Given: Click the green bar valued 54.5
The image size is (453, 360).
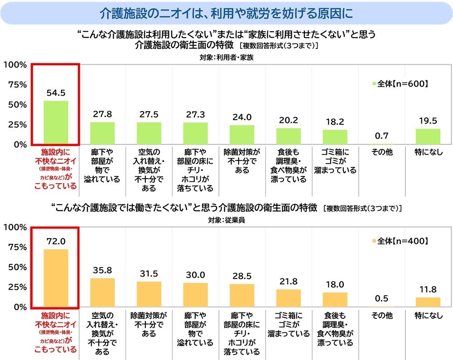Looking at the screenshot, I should pos(56,122).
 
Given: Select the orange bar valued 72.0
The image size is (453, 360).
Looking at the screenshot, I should pos(56,278).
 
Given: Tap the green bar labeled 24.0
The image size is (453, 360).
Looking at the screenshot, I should pos(242,135).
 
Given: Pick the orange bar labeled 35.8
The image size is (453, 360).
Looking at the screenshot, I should pos(102,292).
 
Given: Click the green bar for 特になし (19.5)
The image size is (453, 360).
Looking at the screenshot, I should pos(428,136).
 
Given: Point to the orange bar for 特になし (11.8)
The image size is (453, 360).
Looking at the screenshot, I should pos(428,302).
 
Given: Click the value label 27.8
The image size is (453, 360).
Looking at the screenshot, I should pos(102,114).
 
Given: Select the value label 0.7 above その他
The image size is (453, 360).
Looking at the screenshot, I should pos(381,136).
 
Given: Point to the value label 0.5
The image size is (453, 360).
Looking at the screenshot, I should pos(381,299).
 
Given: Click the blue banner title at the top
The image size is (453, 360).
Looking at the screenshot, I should pos(226,13).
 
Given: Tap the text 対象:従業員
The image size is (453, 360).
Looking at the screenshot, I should pos(226,221).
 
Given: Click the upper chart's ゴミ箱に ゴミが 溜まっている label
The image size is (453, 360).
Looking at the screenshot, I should pos(335,161).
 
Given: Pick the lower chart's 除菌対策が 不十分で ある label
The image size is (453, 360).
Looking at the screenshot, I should pos(149,324).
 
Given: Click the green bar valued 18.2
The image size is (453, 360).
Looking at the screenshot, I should pos(335,137).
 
